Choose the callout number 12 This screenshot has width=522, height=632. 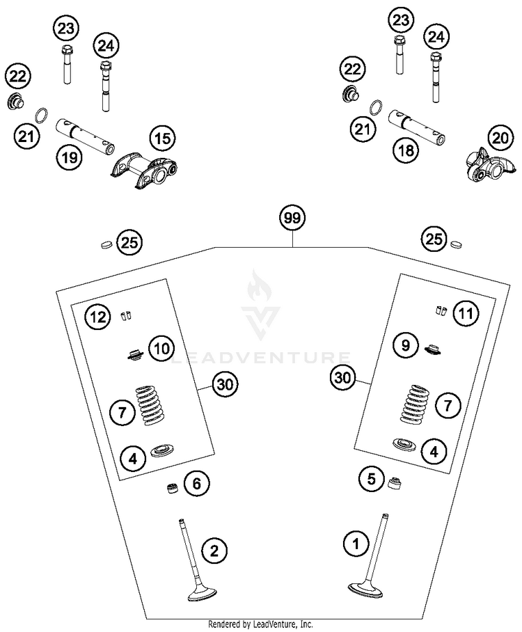point(97,317)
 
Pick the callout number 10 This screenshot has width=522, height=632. point(161,347)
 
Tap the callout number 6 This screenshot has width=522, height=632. point(196,482)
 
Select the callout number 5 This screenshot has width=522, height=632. point(372,478)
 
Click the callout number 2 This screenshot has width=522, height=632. point(214,551)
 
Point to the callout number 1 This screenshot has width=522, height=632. point(356,542)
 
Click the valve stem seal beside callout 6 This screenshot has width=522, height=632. point(170,488)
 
